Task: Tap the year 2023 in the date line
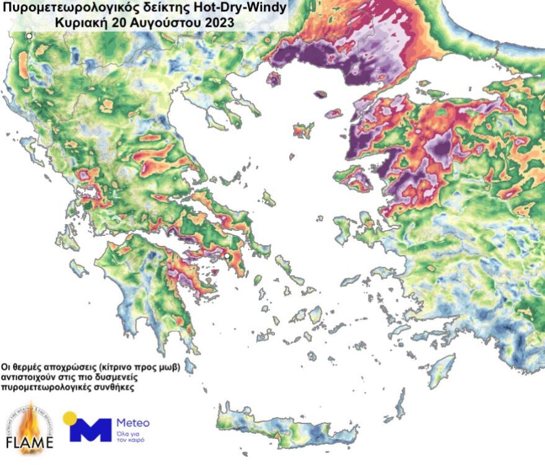click(219, 23)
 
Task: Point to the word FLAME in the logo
click(29, 443)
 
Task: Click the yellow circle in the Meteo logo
click(70, 418)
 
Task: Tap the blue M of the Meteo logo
click(90, 430)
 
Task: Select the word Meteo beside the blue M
click(133, 423)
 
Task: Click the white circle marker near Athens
click(227, 256)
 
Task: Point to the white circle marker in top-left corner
click(29, 37)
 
